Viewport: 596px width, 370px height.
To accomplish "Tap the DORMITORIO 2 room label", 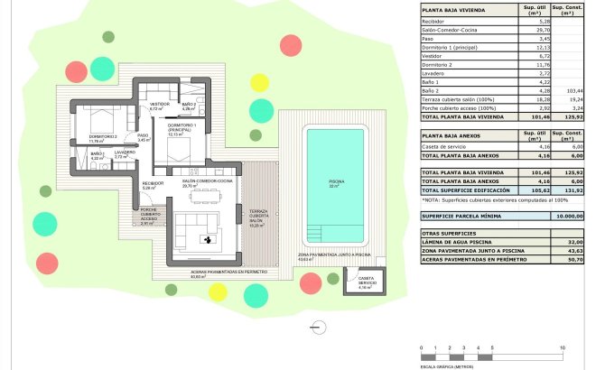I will click(103, 137).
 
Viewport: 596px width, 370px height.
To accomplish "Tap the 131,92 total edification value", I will click(568, 190).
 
